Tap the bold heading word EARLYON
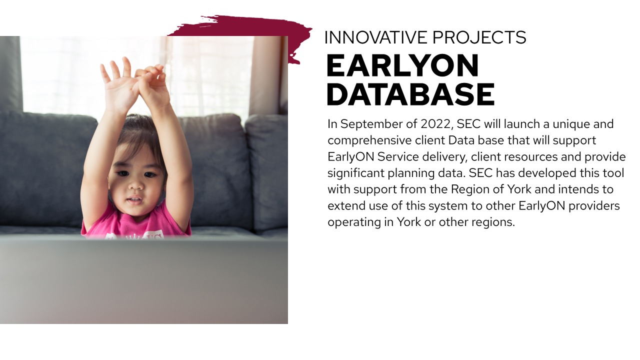[402, 66]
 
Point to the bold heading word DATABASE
[410, 94]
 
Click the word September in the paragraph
[372, 124]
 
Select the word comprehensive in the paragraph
[369, 140]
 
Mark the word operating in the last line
[354, 222]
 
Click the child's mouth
[135, 200]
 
